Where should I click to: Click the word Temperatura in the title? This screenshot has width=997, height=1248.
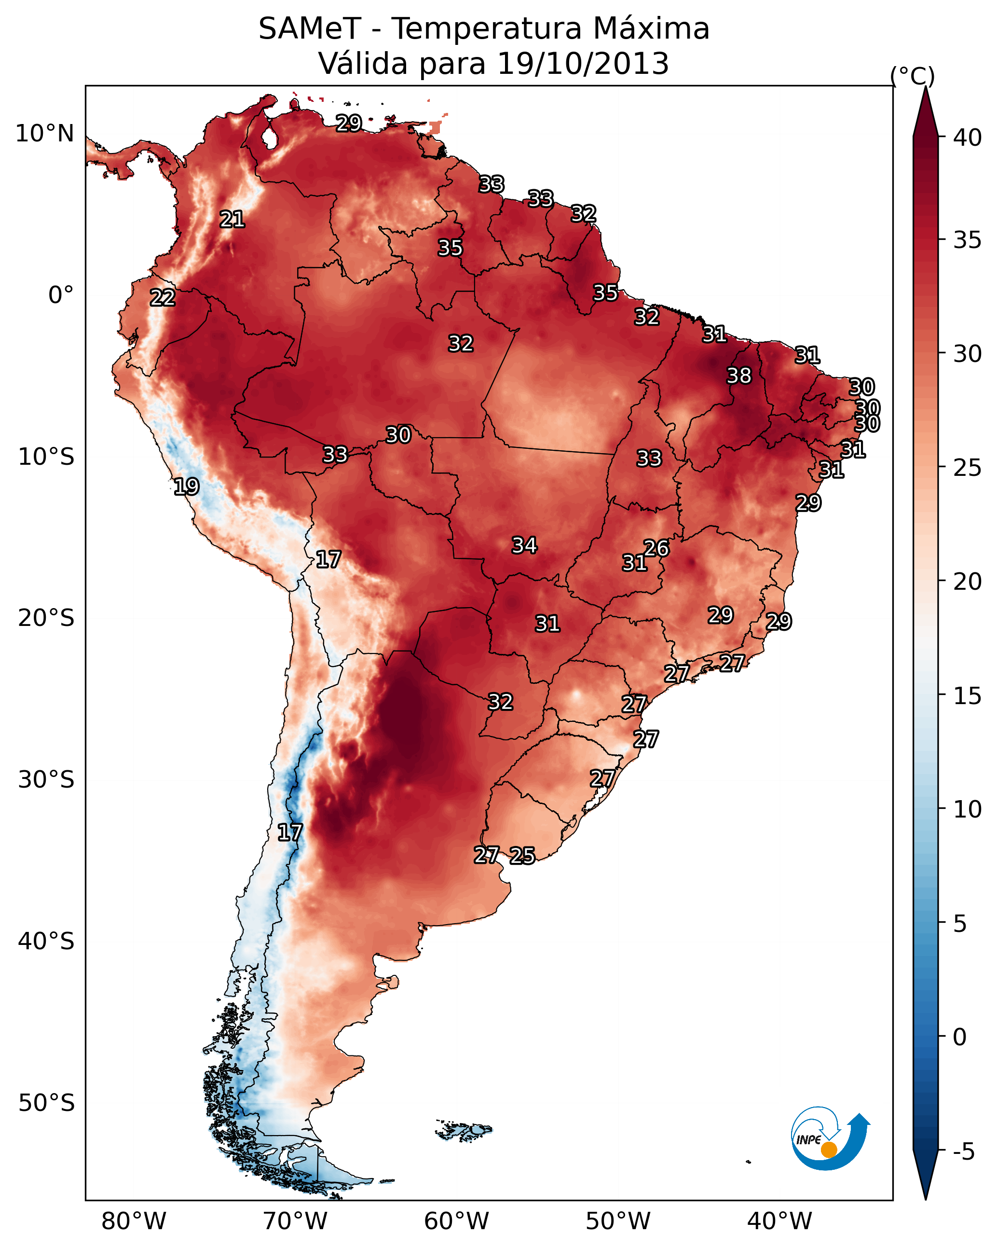pyautogui.click(x=486, y=29)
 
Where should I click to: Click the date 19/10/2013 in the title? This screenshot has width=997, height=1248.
pyautogui.click(x=583, y=64)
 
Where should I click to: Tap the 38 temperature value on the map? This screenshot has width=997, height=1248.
pyautogui.click(x=739, y=375)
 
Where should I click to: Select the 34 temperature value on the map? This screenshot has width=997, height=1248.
pyautogui.click(x=524, y=545)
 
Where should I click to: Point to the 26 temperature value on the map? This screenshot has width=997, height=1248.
pyautogui.click(x=656, y=548)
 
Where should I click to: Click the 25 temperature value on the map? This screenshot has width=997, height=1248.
pyautogui.click(x=522, y=856)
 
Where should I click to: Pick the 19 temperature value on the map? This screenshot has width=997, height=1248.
pyautogui.click(x=186, y=486)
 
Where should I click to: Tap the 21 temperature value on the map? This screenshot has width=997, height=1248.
pyautogui.click(x=232, y=220)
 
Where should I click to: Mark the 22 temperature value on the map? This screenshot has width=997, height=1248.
pyautogui.click(x=163, y=298)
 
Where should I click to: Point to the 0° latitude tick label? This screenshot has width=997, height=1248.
pyautogui.click(x=61, y=295)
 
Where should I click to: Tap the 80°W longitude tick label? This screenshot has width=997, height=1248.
pyautogui.click(x=134, y=1221)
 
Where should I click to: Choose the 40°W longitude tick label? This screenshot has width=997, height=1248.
pyautogui.click(x=779, y=1221)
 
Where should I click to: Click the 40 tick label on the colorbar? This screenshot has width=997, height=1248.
pyautogui.click(x=968, y=138)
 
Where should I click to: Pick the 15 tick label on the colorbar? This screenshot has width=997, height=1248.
pyautogui.click(x=968, y=696)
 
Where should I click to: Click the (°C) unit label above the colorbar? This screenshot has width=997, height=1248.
pyautogui.click(x=912, y=76)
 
